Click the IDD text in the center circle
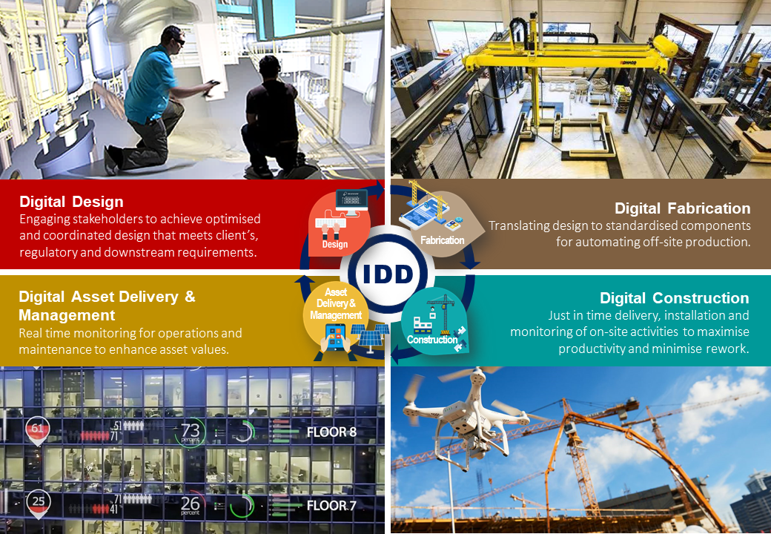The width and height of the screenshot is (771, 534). (388, 274)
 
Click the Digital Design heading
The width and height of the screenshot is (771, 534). (71, 202)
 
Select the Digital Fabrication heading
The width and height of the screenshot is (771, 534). (683, 208)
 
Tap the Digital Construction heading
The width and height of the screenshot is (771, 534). (674, 298)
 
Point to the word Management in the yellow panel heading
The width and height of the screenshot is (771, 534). (67, 315)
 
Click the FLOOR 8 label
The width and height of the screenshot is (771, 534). (331, 432)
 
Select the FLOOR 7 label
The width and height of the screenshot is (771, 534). (331, 506)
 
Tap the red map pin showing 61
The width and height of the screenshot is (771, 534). (37, 430)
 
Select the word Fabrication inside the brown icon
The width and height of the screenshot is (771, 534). (442, 240)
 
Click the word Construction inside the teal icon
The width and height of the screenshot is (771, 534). (432, 339)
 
